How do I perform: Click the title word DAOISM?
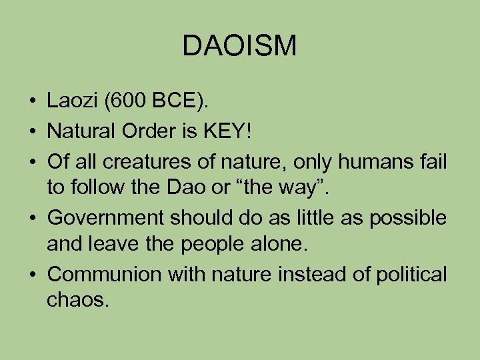click(x=239, y=46)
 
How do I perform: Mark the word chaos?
click(x=77, y=302)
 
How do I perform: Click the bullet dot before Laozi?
click(x=32, y=102)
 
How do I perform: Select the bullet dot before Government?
click(x=32, y=218)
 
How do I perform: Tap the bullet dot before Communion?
click(x=32, y=275)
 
